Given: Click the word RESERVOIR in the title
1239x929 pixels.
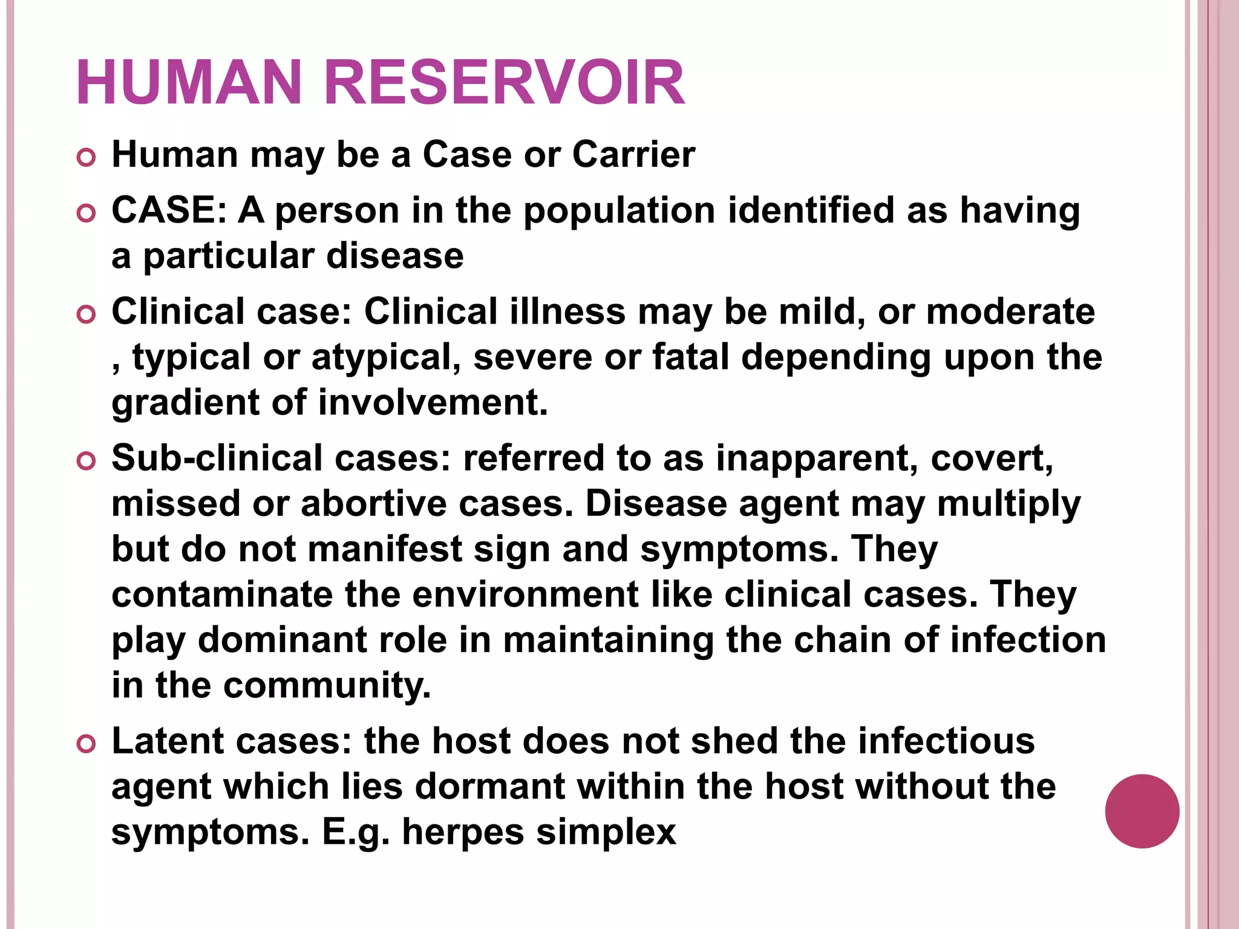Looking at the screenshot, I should (505, 83).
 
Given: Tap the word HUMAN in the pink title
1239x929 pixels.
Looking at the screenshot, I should (189, 83).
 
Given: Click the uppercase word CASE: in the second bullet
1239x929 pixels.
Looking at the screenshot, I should (169, 210).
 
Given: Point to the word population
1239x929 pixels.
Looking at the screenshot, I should (619, 212).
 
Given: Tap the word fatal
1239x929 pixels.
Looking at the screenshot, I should (690, 357).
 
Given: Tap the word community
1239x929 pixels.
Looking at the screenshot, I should (327, 686).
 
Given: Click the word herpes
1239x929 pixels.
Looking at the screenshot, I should (463, 833).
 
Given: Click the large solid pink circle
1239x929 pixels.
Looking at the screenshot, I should (1142, 811).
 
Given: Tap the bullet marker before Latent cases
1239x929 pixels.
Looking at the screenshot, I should (87, 744).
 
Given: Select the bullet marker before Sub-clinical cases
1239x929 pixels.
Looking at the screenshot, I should (87, 461).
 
